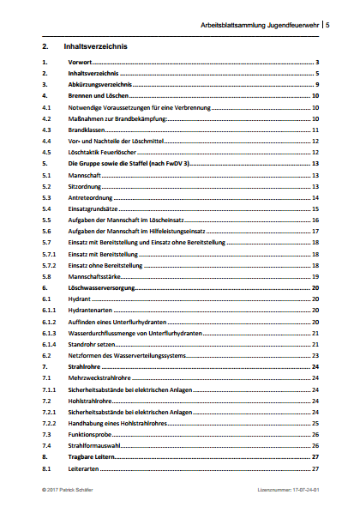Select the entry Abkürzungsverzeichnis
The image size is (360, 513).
coord(100,85)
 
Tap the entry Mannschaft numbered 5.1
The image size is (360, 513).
coord(84,174)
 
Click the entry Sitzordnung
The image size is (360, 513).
coord(86,185)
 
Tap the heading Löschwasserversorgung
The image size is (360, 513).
coord(104,287)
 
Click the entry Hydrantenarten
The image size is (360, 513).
coord(92,309)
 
